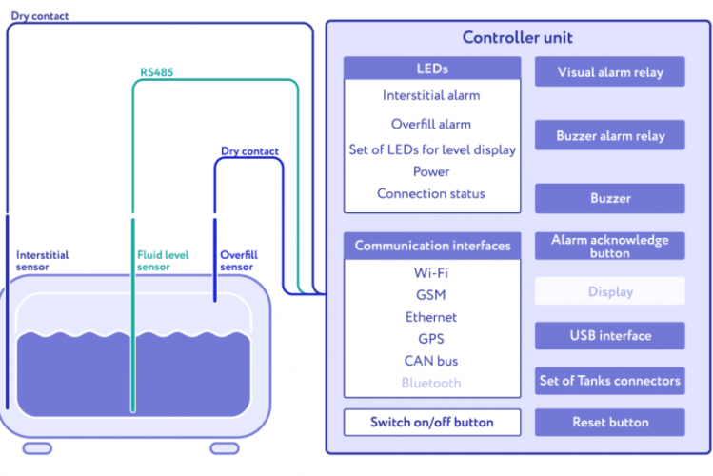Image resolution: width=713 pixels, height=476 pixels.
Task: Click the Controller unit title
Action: coord(517,38)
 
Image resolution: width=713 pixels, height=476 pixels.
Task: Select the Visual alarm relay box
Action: coord(609,72)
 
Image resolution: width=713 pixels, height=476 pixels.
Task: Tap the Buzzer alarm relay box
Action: coord(609,136)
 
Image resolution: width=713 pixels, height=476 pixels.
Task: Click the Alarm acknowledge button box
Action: coord(609,247)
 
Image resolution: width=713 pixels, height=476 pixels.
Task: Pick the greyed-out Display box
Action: coord(609,291)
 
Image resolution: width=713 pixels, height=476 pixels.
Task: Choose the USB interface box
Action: coord(609,335)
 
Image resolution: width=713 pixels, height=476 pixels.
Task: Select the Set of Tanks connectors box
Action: coord(609,381)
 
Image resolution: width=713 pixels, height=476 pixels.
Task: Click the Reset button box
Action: coord(609,422)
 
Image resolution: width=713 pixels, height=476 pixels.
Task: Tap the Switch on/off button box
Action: coord(431,422)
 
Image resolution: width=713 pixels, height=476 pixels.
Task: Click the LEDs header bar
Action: coord(431,69)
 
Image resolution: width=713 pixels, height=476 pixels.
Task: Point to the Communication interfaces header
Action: coord(432,246)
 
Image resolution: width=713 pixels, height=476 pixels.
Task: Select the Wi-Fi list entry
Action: coord(431,273)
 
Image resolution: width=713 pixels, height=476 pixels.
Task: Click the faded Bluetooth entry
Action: coord(431,383)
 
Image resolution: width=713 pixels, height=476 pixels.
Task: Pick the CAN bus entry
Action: coord(431,361)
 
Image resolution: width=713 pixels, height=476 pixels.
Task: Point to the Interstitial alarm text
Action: coord(431,95)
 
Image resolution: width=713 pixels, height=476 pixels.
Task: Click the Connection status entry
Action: coord(431,193)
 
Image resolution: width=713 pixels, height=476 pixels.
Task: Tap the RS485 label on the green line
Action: coord(156,71)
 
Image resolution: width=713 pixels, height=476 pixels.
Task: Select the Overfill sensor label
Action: coord(239,261)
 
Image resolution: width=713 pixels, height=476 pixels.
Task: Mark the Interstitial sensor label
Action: coord(42,261)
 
